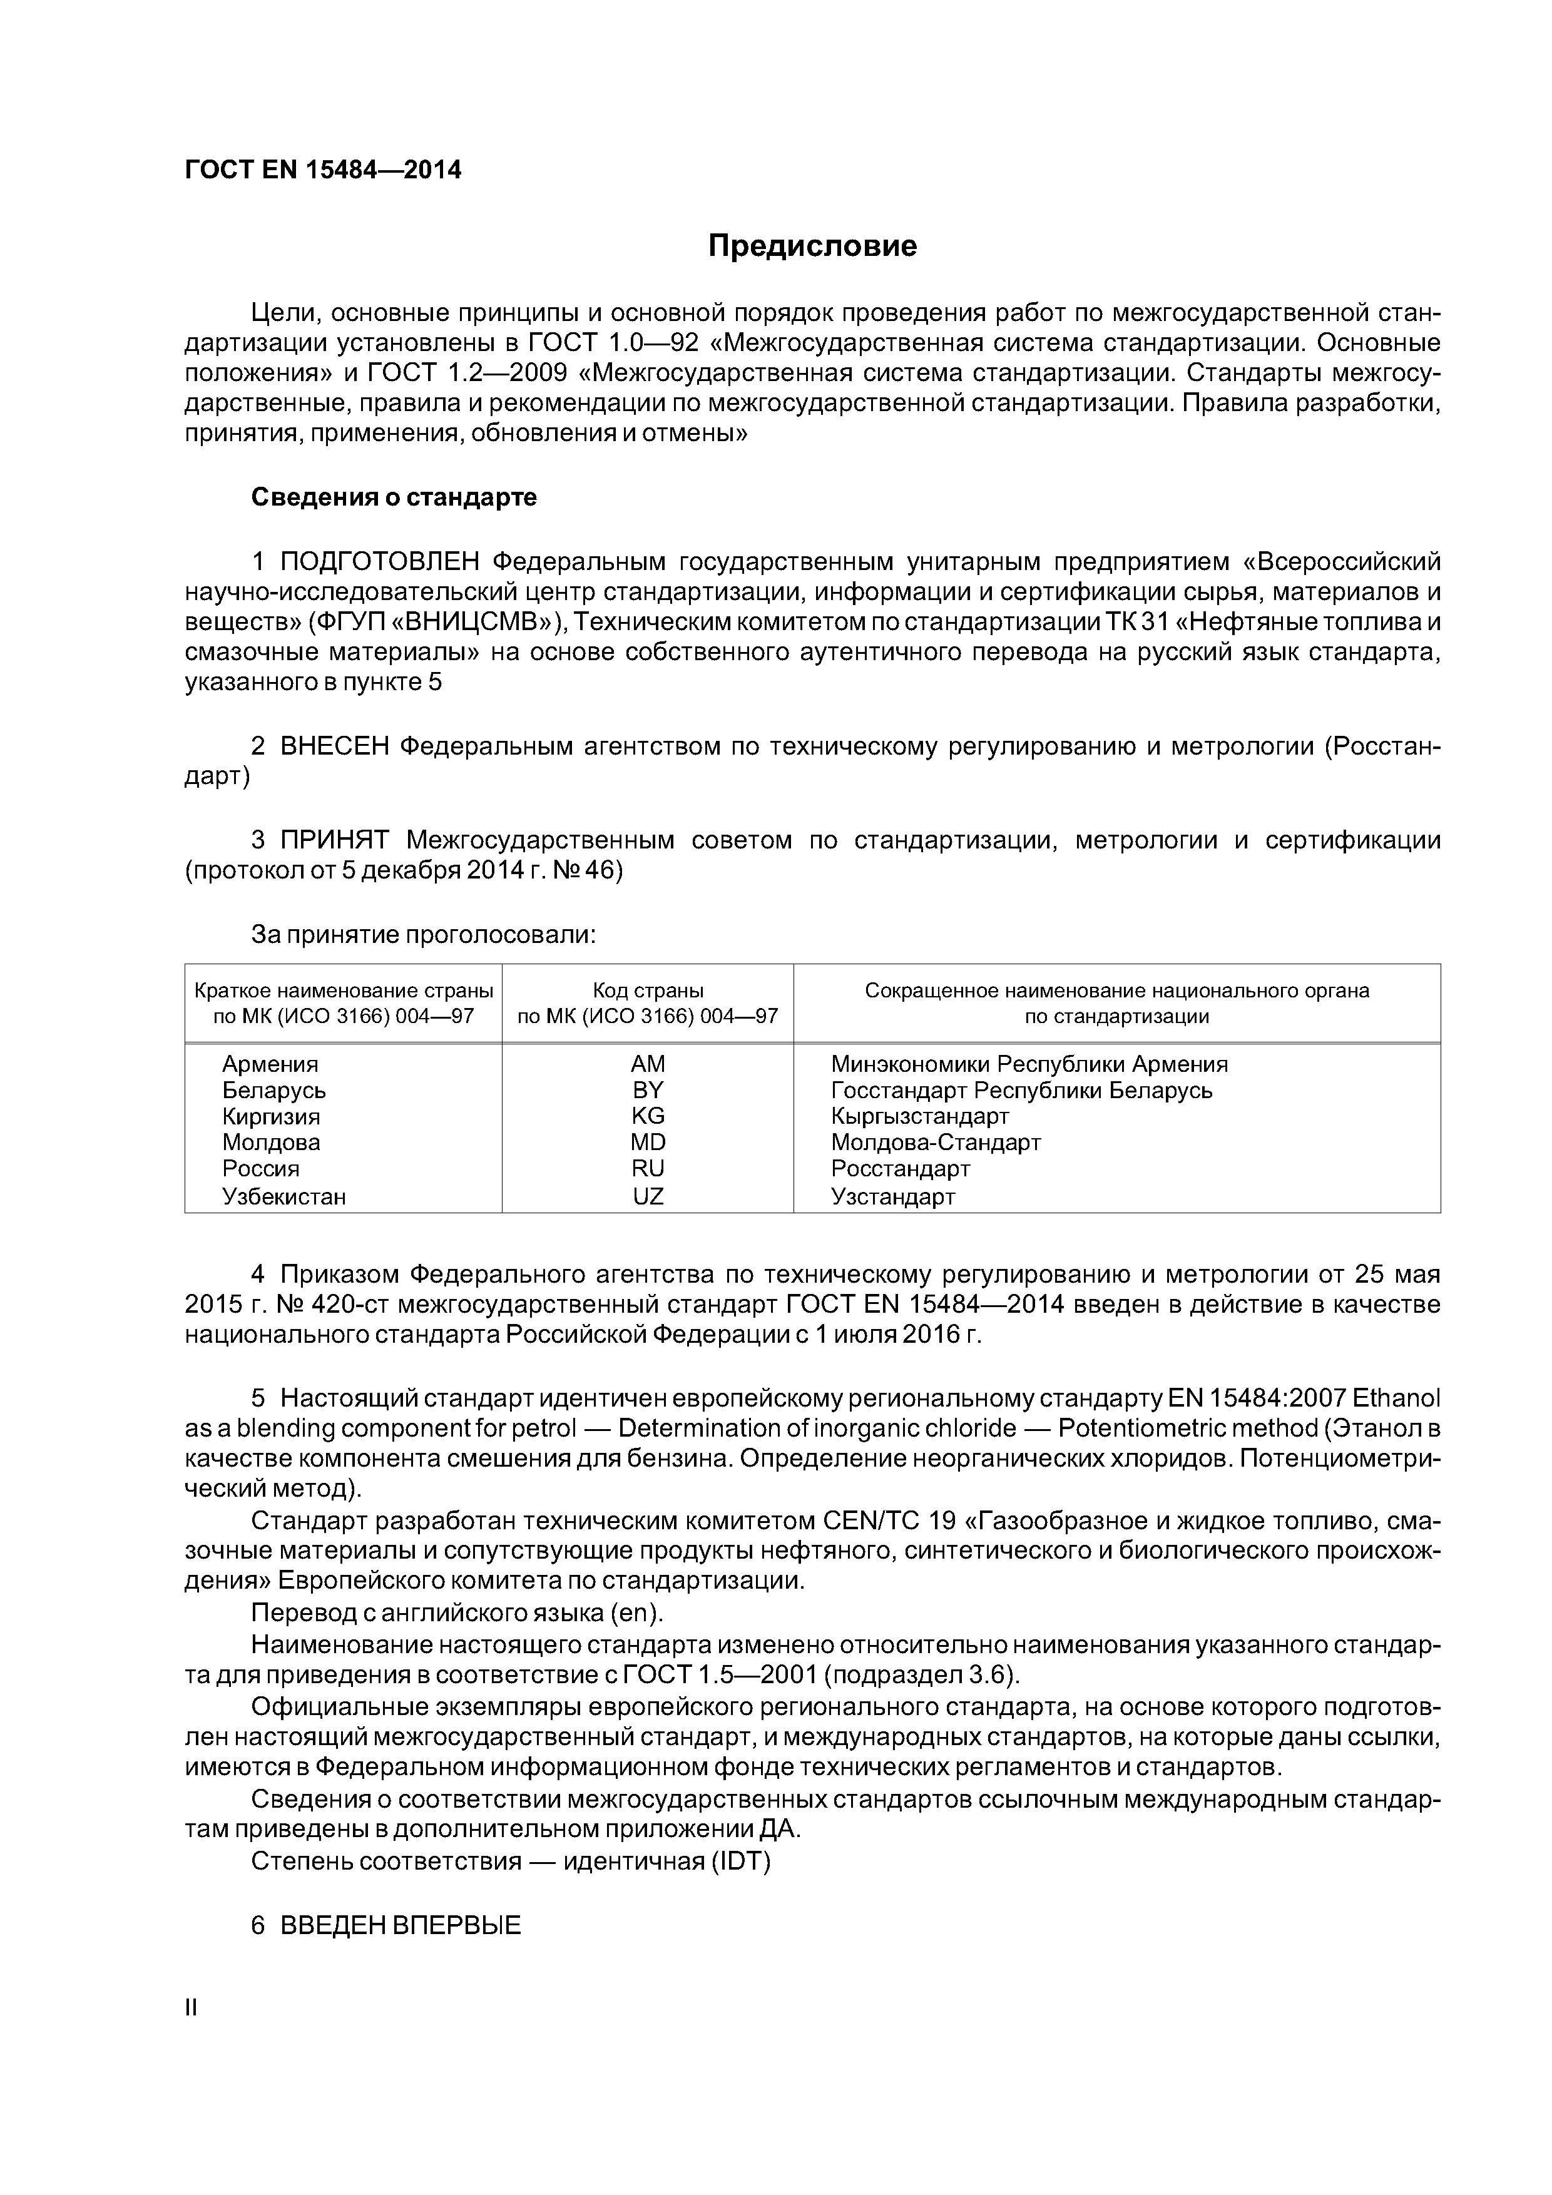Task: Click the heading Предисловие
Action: coord(812,247)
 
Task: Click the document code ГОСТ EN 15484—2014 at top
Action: coord(322,170)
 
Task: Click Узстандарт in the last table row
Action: coord(892,1196)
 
